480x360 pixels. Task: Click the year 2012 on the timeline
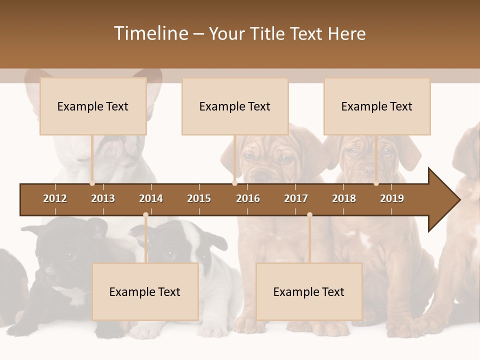pyautogui.click(x=55, y=198)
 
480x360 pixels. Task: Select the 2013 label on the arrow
pyautogui.click(x=103, y=198)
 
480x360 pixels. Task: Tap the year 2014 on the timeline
pyautogui.click(x=151, y=198)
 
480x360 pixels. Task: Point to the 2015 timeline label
pyautogui.click(x=199, y=198)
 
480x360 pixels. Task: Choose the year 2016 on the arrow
pyautogui.click(x=248, y=198)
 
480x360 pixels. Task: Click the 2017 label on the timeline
pyautogui.click(x=296, y=198)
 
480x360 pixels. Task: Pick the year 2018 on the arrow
pyautogui.click(x=344, y=198)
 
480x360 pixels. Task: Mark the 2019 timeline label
pyautogui.click(x=392, y=198)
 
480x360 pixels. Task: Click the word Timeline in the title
pyautogui.click(x=150, y=33)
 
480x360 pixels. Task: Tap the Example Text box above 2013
pyautogui.click(x=93, y=106)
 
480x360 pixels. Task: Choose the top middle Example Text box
pyautogui.click(x=235, y=106)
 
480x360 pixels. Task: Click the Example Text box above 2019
pyautogui.click(x=377, y=106)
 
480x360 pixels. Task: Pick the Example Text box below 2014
pyautogui.click(x=145, y=291)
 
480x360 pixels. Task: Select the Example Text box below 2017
pyautogui.click(x=309, y=291)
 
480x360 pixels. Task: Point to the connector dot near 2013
pyautogui.click(x=92, y=183)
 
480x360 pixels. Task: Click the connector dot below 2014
pyautogui.click(x=145, y=214)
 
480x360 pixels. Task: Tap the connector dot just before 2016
pyautogui.click(x=234, y=183)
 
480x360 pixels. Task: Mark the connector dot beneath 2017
pyautogui.click(x=309, y=214)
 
